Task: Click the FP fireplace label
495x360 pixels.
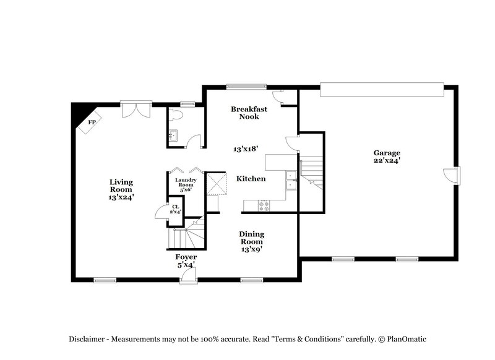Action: click(x=92, y=122)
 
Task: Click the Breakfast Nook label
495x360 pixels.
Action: click(x=249, y=113)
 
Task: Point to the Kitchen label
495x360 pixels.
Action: click(x=251, y=179)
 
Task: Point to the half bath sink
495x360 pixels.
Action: click(x=174, y=135)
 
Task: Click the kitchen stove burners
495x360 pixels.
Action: click(x=264, y=204)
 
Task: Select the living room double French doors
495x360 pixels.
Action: click(x=136, y=109)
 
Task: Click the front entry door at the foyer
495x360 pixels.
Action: click(x=184, y=279)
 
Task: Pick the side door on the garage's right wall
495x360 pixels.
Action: click(x=454, y=175)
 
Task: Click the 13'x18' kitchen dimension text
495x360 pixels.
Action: click(x=246, y=149)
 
